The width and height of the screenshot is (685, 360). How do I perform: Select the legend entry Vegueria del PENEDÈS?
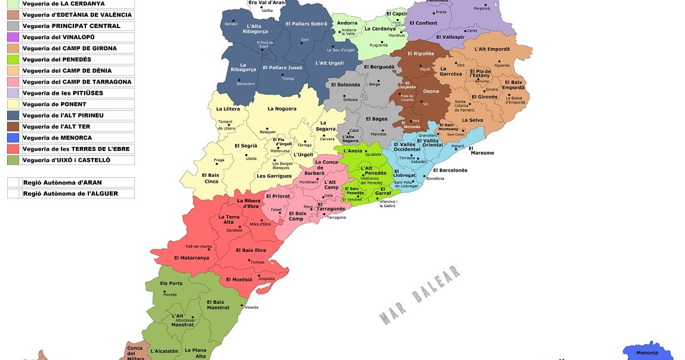click(57, 60)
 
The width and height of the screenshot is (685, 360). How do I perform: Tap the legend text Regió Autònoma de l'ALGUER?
click(70, 193)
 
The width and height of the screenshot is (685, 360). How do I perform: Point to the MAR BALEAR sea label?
click(420, 295)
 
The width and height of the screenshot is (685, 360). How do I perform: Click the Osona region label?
click(431, 91)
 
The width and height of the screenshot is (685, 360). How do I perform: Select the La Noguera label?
click(282, 109)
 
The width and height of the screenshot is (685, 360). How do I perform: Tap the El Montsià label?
click(239, 279)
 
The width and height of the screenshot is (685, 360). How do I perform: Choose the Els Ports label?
click(171, 283)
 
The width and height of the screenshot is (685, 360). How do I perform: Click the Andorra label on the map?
click(347, 23)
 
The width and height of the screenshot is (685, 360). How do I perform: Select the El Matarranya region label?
click(192, 258)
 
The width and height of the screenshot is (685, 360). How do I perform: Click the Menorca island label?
click(647, 353)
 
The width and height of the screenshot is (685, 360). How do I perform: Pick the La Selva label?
click(473, 120)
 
